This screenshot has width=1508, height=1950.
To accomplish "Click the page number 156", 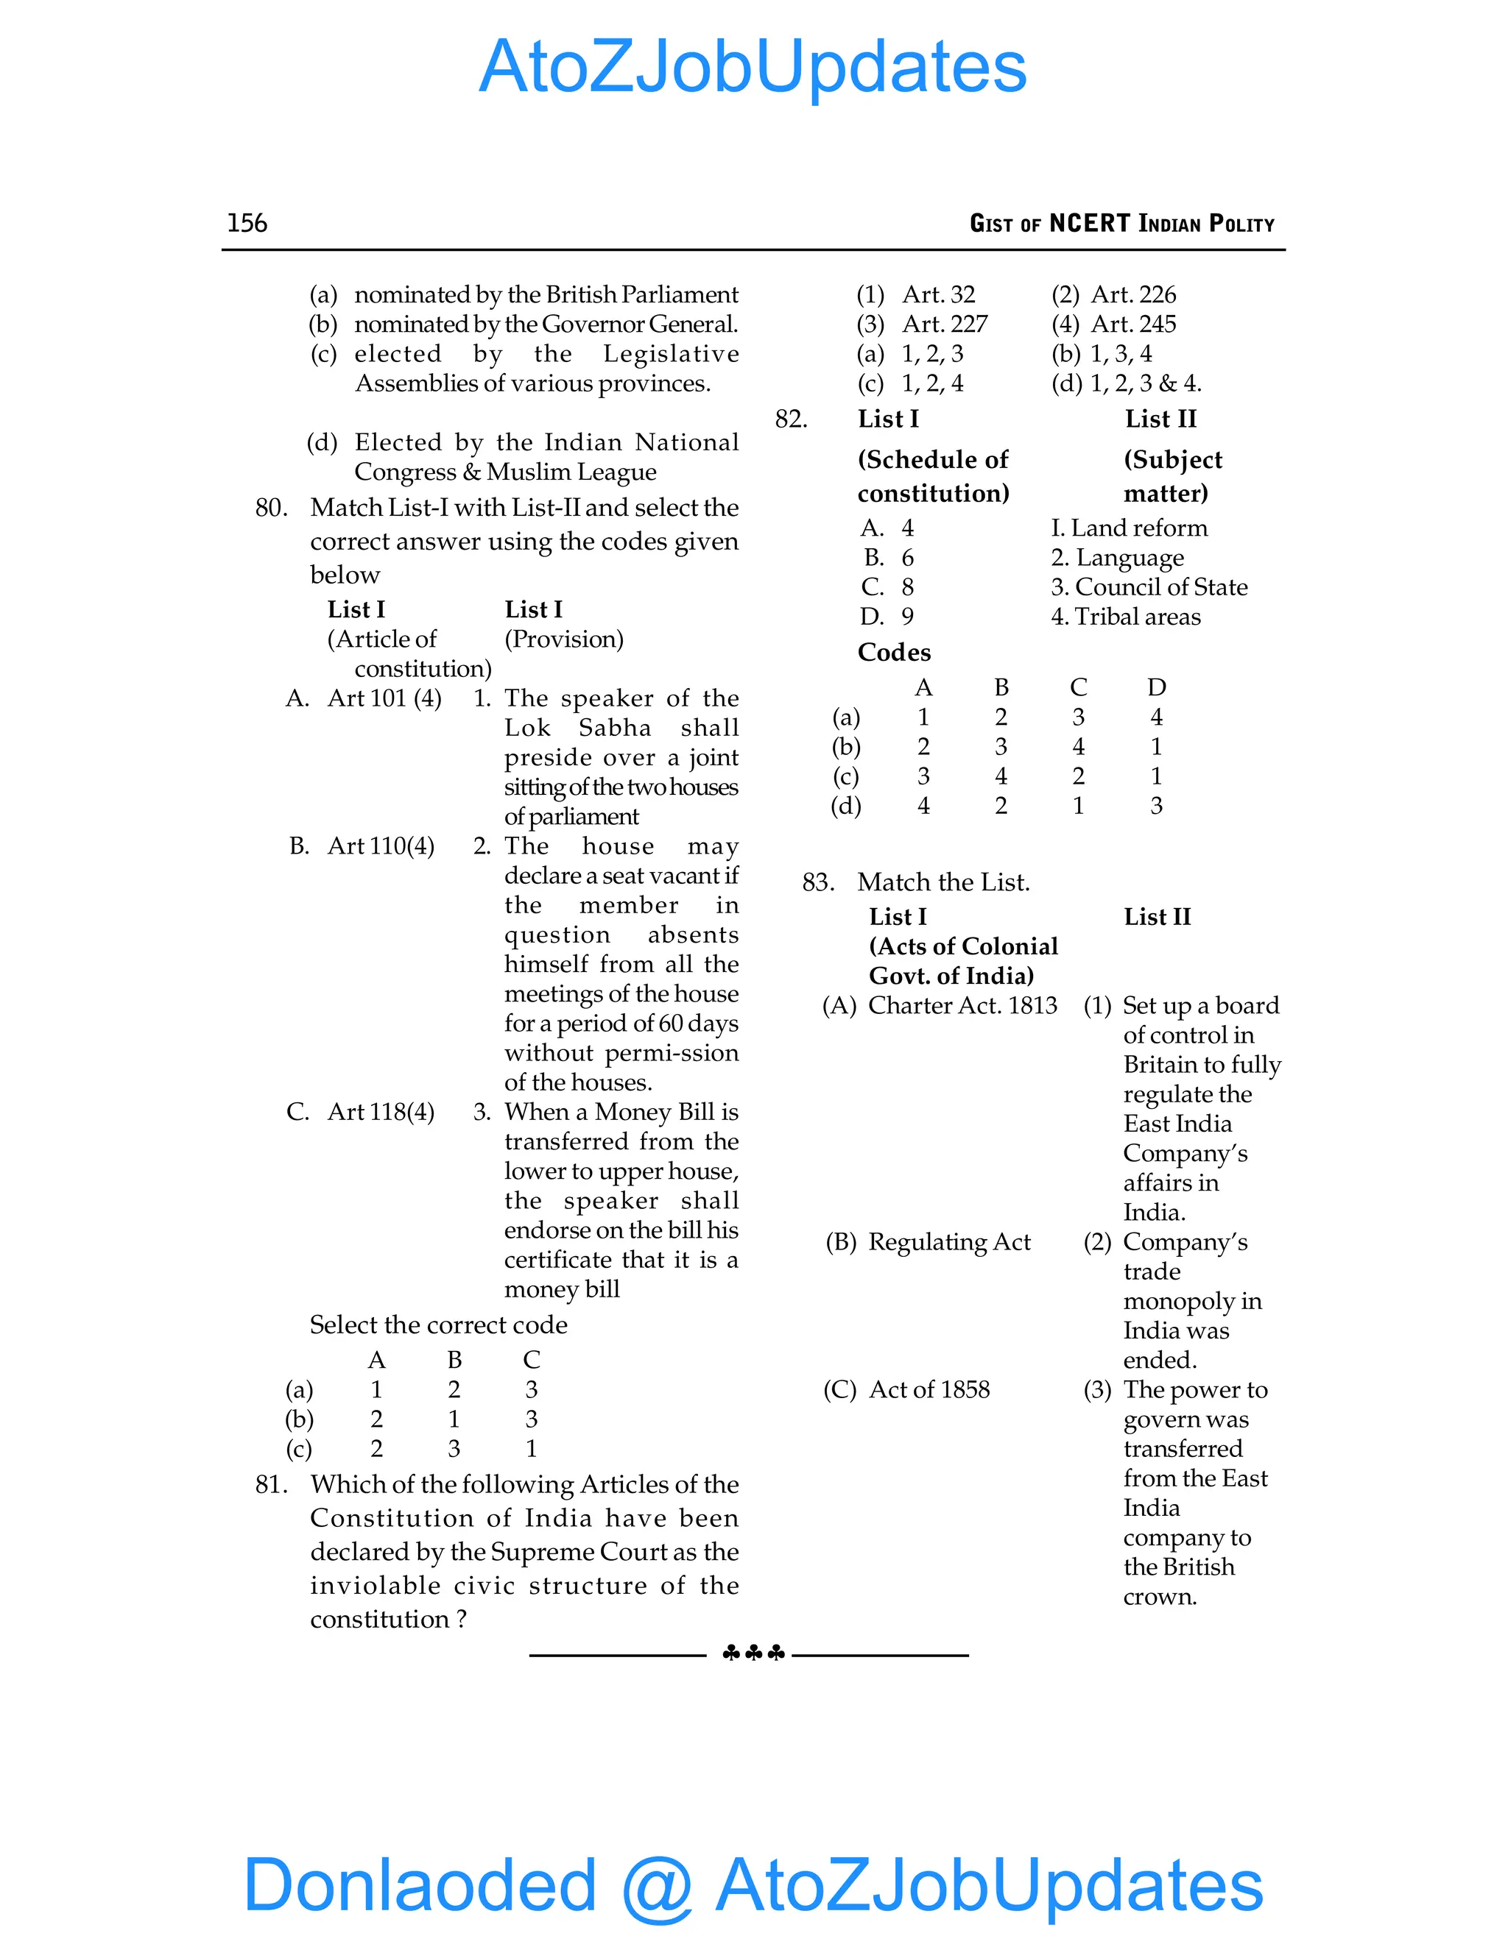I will pos(247,223).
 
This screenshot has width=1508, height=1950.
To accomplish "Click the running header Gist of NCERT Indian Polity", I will pos(1121,223).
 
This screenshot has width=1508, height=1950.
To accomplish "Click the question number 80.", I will pos(271,508).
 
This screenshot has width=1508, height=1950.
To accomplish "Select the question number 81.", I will pos(271,1484).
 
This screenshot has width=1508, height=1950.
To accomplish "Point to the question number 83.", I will pos(817,883).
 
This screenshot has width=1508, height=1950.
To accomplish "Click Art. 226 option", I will pos(1114,294).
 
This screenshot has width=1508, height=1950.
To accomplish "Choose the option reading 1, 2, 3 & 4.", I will pos(1127,383).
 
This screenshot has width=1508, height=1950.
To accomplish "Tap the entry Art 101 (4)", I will pos(384,698).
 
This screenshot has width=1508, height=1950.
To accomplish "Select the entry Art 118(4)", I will pos(381,1112).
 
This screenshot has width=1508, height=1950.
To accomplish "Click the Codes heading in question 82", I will pos(893,653).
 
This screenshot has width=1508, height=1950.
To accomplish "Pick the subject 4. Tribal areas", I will pos(1126,617).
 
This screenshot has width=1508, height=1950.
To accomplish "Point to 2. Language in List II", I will pos(1117,558).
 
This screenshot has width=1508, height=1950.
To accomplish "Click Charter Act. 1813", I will pos(962,1006).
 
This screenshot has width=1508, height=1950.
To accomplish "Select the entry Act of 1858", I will pos(929,1390).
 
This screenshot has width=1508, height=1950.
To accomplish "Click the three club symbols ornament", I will pos(753,1653).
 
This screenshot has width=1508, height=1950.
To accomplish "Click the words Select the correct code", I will pos(438,1325).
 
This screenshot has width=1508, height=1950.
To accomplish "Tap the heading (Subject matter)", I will pos(1171,476).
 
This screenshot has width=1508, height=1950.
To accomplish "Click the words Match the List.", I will pos(943,883).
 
